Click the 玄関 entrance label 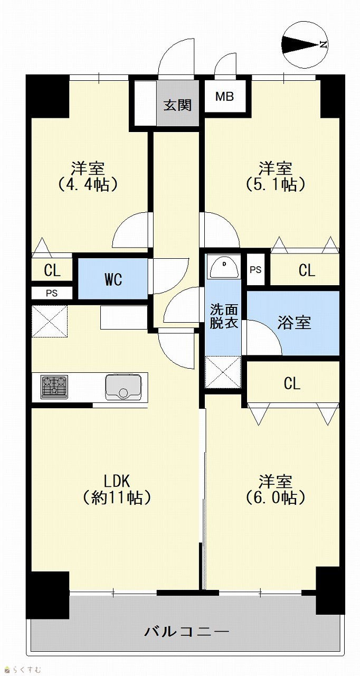(x=177, y=105)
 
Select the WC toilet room (x=113, y=279)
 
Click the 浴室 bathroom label (x=294, y=323)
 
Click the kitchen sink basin (x=123, y=388)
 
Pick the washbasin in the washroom (x=224, y=267)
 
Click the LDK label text (x=117, y=481)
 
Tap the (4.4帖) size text (x=88, y=184)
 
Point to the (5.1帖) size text (x=275, y=184)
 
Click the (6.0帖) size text (x=275, y=497)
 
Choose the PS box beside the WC (x=52, y=293)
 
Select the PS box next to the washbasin (x=255, y=269)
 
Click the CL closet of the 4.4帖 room (x=52, y=270)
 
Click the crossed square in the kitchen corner (x=50, y=322)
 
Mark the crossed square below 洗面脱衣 (x=223, y=372)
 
